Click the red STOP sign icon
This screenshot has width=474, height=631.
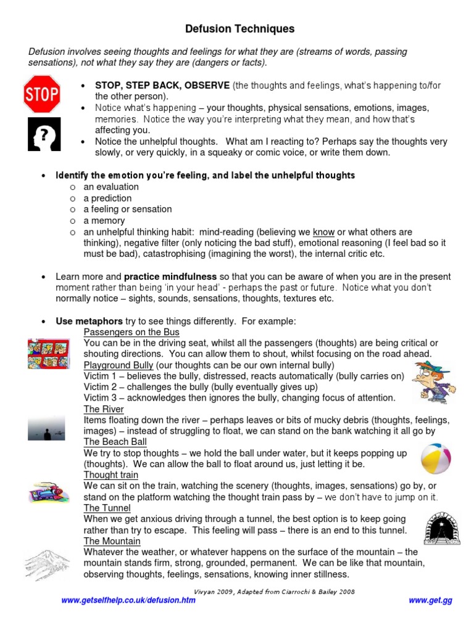41,94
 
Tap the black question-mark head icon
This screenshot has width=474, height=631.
44,134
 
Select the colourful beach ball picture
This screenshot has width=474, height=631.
436,458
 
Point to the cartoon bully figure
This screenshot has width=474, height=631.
434,382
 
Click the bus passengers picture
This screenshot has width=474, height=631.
48,354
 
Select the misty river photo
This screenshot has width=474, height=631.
46,428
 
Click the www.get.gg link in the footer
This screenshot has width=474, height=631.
430,600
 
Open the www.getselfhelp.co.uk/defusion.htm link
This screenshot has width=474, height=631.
128,600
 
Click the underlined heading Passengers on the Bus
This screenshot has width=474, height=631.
131,332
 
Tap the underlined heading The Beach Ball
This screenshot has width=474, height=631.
115,442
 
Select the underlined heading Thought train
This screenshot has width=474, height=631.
111,475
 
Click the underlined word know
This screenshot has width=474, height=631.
323,232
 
